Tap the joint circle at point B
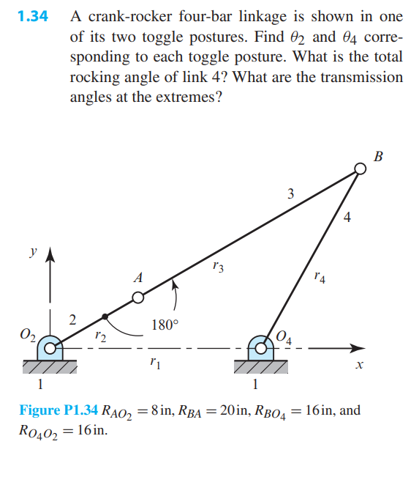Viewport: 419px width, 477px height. coord(359,169)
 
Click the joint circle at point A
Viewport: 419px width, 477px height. coord(138,297)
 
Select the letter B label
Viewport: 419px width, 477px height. coord(377,155)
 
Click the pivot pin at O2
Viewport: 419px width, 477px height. coord(50,348)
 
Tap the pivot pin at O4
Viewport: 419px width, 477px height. coord(260,348)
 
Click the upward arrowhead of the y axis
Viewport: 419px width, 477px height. coord(50,254)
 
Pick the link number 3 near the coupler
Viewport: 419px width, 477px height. coord(290,193)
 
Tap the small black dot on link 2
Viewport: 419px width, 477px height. coord(105,317)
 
